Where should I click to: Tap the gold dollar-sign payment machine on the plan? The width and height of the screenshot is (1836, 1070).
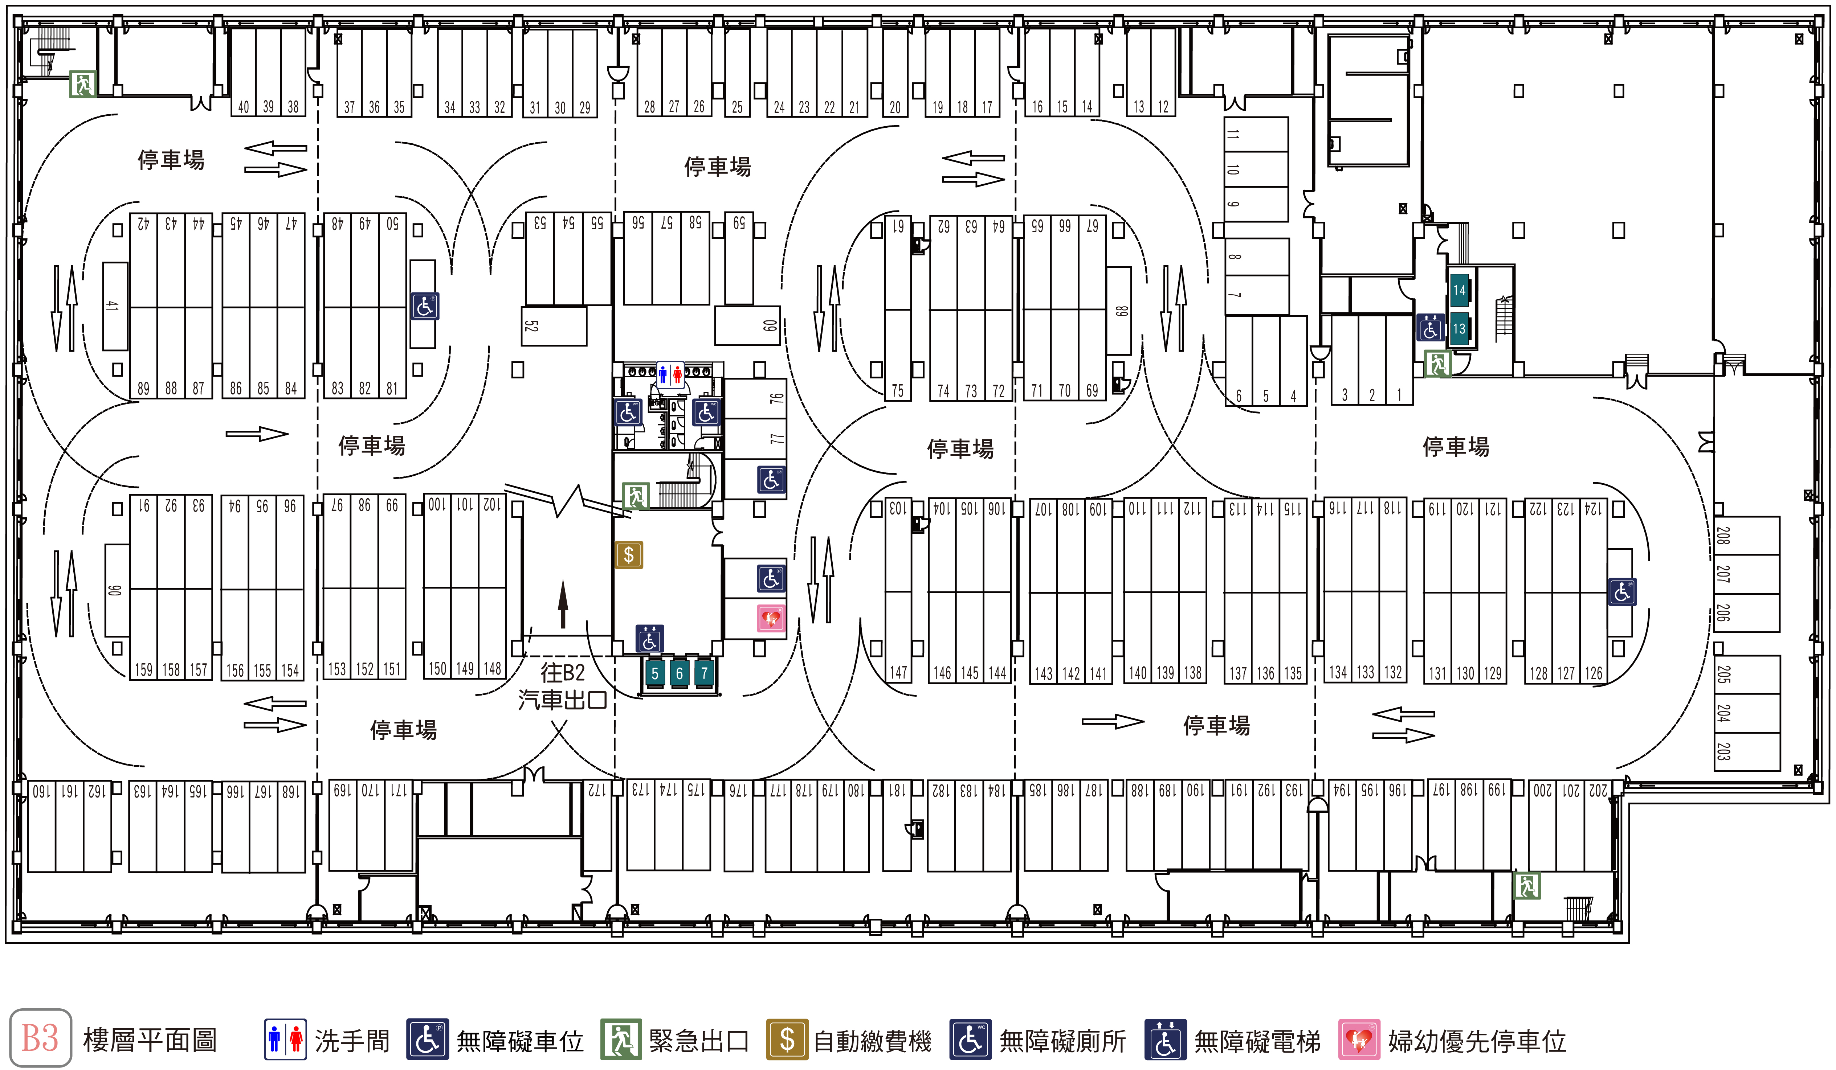click(x=629, y=555)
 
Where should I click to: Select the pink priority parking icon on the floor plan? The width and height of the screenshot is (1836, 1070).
click(x=771, y=618)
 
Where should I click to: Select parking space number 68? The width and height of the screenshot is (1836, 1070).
click(x=1119, y=311)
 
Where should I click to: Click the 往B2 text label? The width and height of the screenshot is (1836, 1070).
click(x=563, y=672)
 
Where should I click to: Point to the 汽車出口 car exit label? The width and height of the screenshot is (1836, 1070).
click(x=563, y=700)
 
